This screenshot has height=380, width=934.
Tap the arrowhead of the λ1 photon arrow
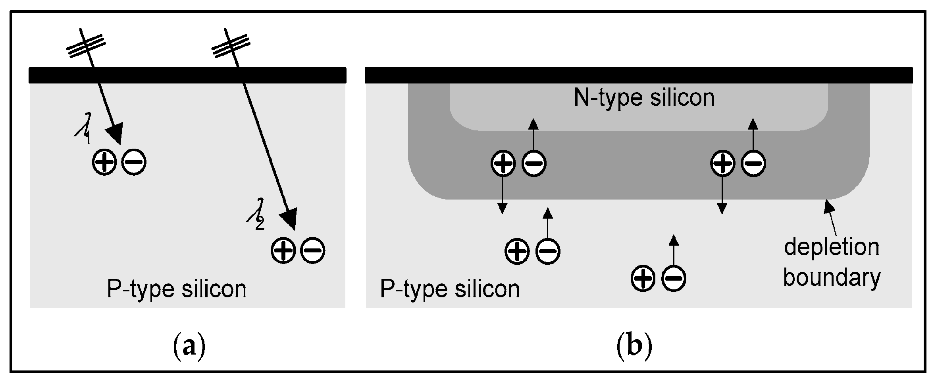tap(116, 133)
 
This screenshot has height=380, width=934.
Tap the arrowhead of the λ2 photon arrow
tap(289, 219)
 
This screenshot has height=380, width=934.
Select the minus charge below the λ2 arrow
tap(313, 250)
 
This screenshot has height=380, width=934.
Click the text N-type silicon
tap(644, 97)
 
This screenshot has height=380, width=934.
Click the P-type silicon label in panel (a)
tap(177, 289)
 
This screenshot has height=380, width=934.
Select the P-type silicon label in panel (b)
tap(450, 289)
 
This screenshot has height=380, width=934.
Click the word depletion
tap(832, 248)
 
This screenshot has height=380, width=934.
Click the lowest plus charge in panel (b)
tap(643, 278)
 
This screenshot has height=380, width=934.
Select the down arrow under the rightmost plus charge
tap(722, 195)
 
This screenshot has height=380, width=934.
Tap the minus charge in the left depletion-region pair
tap(533, 163)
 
